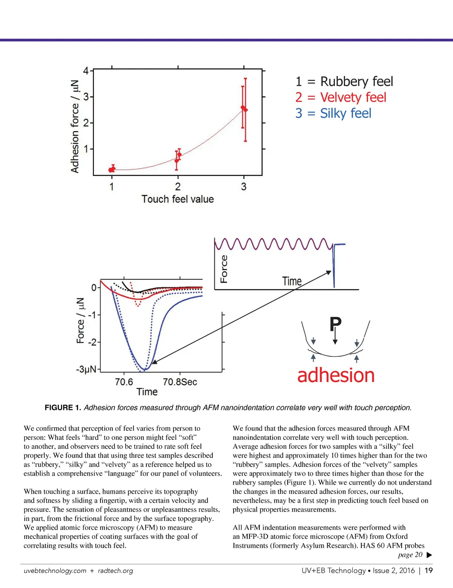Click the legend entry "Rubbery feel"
coord(344,82)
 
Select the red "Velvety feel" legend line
coord(341,98)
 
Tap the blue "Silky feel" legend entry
coord(333,114)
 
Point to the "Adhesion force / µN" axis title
coord(75,126)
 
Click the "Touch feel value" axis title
coord(177,199)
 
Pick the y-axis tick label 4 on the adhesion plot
coord(86,71)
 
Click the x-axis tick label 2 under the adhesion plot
coord(177,187)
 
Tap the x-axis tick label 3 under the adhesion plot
coord(244,187)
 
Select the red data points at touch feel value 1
coord(112,169)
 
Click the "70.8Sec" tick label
coord(180,382)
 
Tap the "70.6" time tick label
coord(124,382)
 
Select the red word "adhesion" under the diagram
coord(336,375)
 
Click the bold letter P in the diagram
coord(335,324)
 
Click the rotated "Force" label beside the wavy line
coord(224,269)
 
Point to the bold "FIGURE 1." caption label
coord(63,408)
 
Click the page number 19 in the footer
coord(429,571)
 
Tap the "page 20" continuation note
coord(411,555)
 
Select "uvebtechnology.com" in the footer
coord(55,571)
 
